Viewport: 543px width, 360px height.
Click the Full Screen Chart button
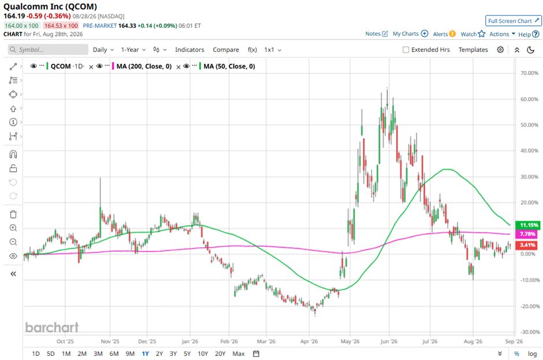[513, 21]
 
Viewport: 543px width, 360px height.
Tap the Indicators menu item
[189, 50]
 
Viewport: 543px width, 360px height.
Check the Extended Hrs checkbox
[406, 50]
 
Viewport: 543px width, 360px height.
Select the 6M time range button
[114, 354]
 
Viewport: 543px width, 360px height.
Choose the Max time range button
[239, 354]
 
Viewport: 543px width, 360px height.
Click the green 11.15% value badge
[527, 225]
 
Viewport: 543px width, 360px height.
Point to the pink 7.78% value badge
[527, 234]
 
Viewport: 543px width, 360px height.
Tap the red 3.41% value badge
[527, 245]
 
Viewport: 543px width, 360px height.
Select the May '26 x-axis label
[350, 342]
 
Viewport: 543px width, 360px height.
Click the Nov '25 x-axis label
[110, 342]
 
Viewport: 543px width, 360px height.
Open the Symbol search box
[48, 50]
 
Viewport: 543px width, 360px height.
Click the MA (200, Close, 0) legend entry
[144, 66]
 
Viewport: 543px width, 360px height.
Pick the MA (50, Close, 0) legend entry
[229, 66]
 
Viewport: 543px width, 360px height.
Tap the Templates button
[473, 50]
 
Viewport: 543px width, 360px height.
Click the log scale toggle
[532, 354]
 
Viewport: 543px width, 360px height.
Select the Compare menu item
[226, 50]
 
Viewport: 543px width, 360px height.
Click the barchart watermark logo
[52, 327]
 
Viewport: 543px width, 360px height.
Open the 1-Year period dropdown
[133, 50]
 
